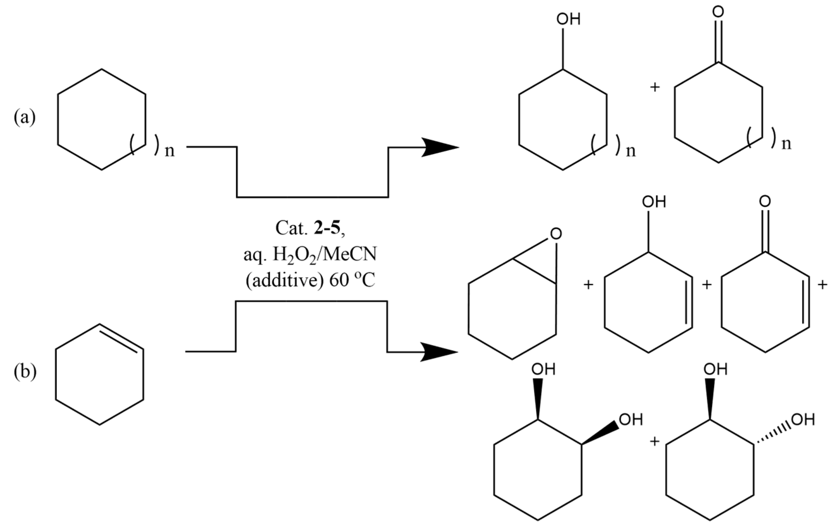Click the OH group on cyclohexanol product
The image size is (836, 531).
(x=568, y=19)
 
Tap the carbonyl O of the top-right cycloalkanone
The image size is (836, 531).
(x=718, y=12)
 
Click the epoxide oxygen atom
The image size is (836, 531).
(x=556, y=234)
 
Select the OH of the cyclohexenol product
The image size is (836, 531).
(x=654, y=202)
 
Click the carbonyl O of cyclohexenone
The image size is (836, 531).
(x=765, y=201)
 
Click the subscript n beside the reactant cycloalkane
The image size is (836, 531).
(x=170, y=151)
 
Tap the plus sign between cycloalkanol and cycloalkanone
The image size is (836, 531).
(x=654, y=87)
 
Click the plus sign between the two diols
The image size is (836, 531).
(x=654, y=442)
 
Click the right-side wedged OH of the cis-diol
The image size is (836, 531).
(x=631, y=420)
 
